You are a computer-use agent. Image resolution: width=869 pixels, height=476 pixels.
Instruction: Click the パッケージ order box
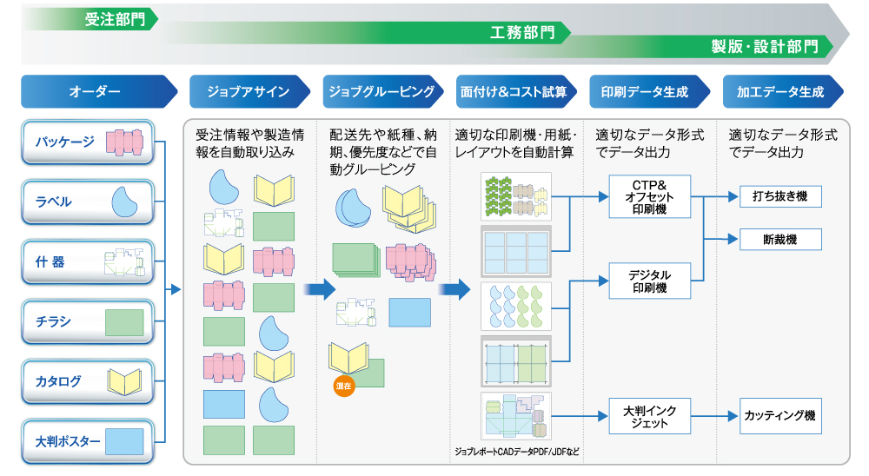87,142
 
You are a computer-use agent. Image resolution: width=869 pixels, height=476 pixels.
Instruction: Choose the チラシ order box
87,322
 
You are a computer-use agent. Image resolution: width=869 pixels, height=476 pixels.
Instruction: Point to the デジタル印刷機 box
648,281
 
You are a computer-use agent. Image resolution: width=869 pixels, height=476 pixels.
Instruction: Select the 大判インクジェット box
648,417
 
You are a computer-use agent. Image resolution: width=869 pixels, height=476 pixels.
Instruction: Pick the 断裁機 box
779,239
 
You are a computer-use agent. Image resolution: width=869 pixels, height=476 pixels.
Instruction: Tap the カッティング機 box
779,417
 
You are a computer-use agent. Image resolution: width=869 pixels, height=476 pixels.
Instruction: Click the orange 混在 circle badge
343,385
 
